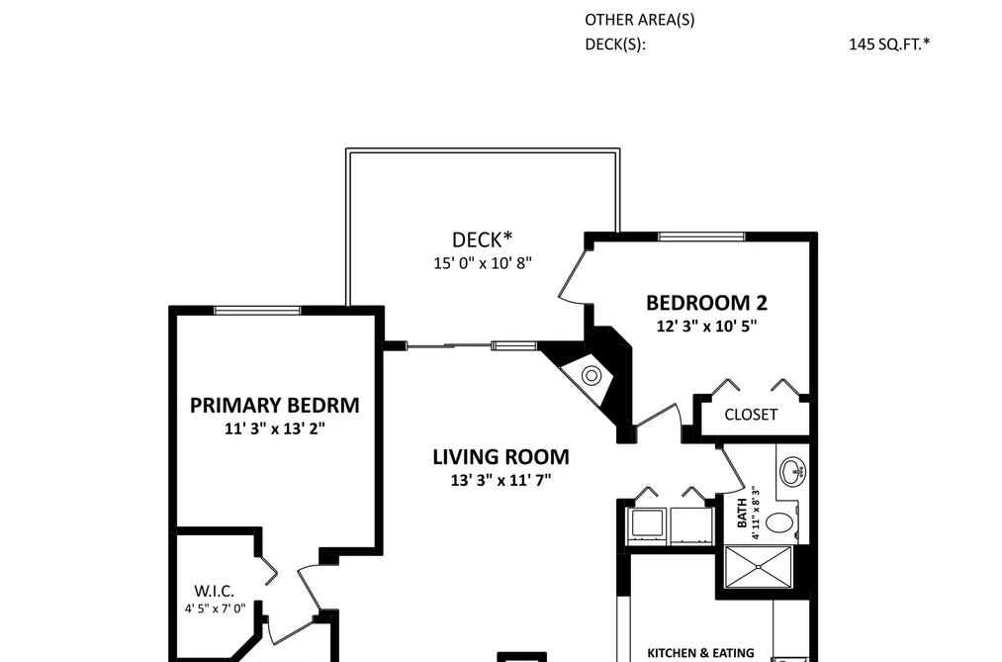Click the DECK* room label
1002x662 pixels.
click(482, 239)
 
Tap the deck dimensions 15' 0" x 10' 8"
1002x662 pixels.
click(483, 262)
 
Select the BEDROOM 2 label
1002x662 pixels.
click(706, 302)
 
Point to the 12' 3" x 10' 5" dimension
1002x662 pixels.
click(706, 326)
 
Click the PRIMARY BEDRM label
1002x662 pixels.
click(275, 405)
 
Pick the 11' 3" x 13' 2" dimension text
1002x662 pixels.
click(275, 428)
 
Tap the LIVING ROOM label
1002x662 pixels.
click(501, 457)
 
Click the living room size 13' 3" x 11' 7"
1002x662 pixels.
click(501, 480)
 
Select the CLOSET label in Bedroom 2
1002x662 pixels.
click(751, 415)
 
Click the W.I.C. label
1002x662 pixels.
click(214, 591)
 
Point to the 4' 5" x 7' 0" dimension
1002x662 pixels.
click(215, 609)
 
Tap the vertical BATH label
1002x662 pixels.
click(742, 514)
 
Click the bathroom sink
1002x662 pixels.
click(793, 470)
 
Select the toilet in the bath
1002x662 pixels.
click(780, 522)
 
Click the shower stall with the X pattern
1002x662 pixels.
click(758, 567)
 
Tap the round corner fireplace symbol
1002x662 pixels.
click(592, 375)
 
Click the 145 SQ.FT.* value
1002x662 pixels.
click(889, 45)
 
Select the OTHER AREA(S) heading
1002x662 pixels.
click(640, 20)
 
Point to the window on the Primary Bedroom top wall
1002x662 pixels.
click(257, 311)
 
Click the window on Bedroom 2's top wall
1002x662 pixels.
click(701, 236)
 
